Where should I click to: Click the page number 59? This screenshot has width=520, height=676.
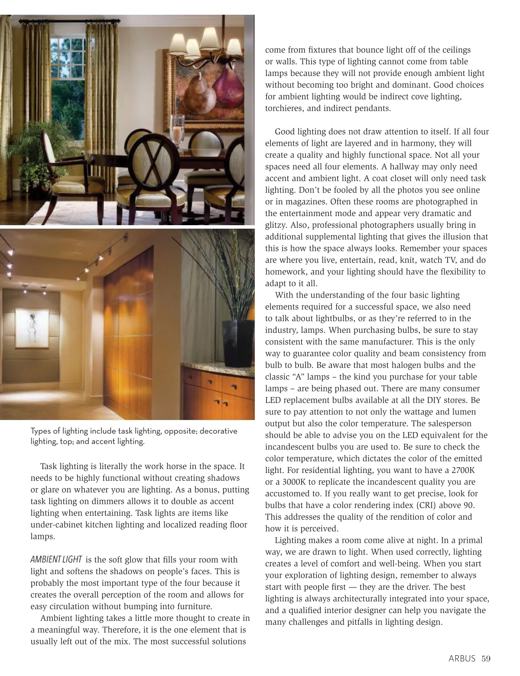[486, 659]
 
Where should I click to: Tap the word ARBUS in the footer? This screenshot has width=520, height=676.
[462, 659]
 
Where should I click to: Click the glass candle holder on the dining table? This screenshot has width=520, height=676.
[178, 130]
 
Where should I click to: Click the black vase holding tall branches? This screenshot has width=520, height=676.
[238, 343]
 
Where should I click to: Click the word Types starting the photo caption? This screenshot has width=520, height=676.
[40, 431]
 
